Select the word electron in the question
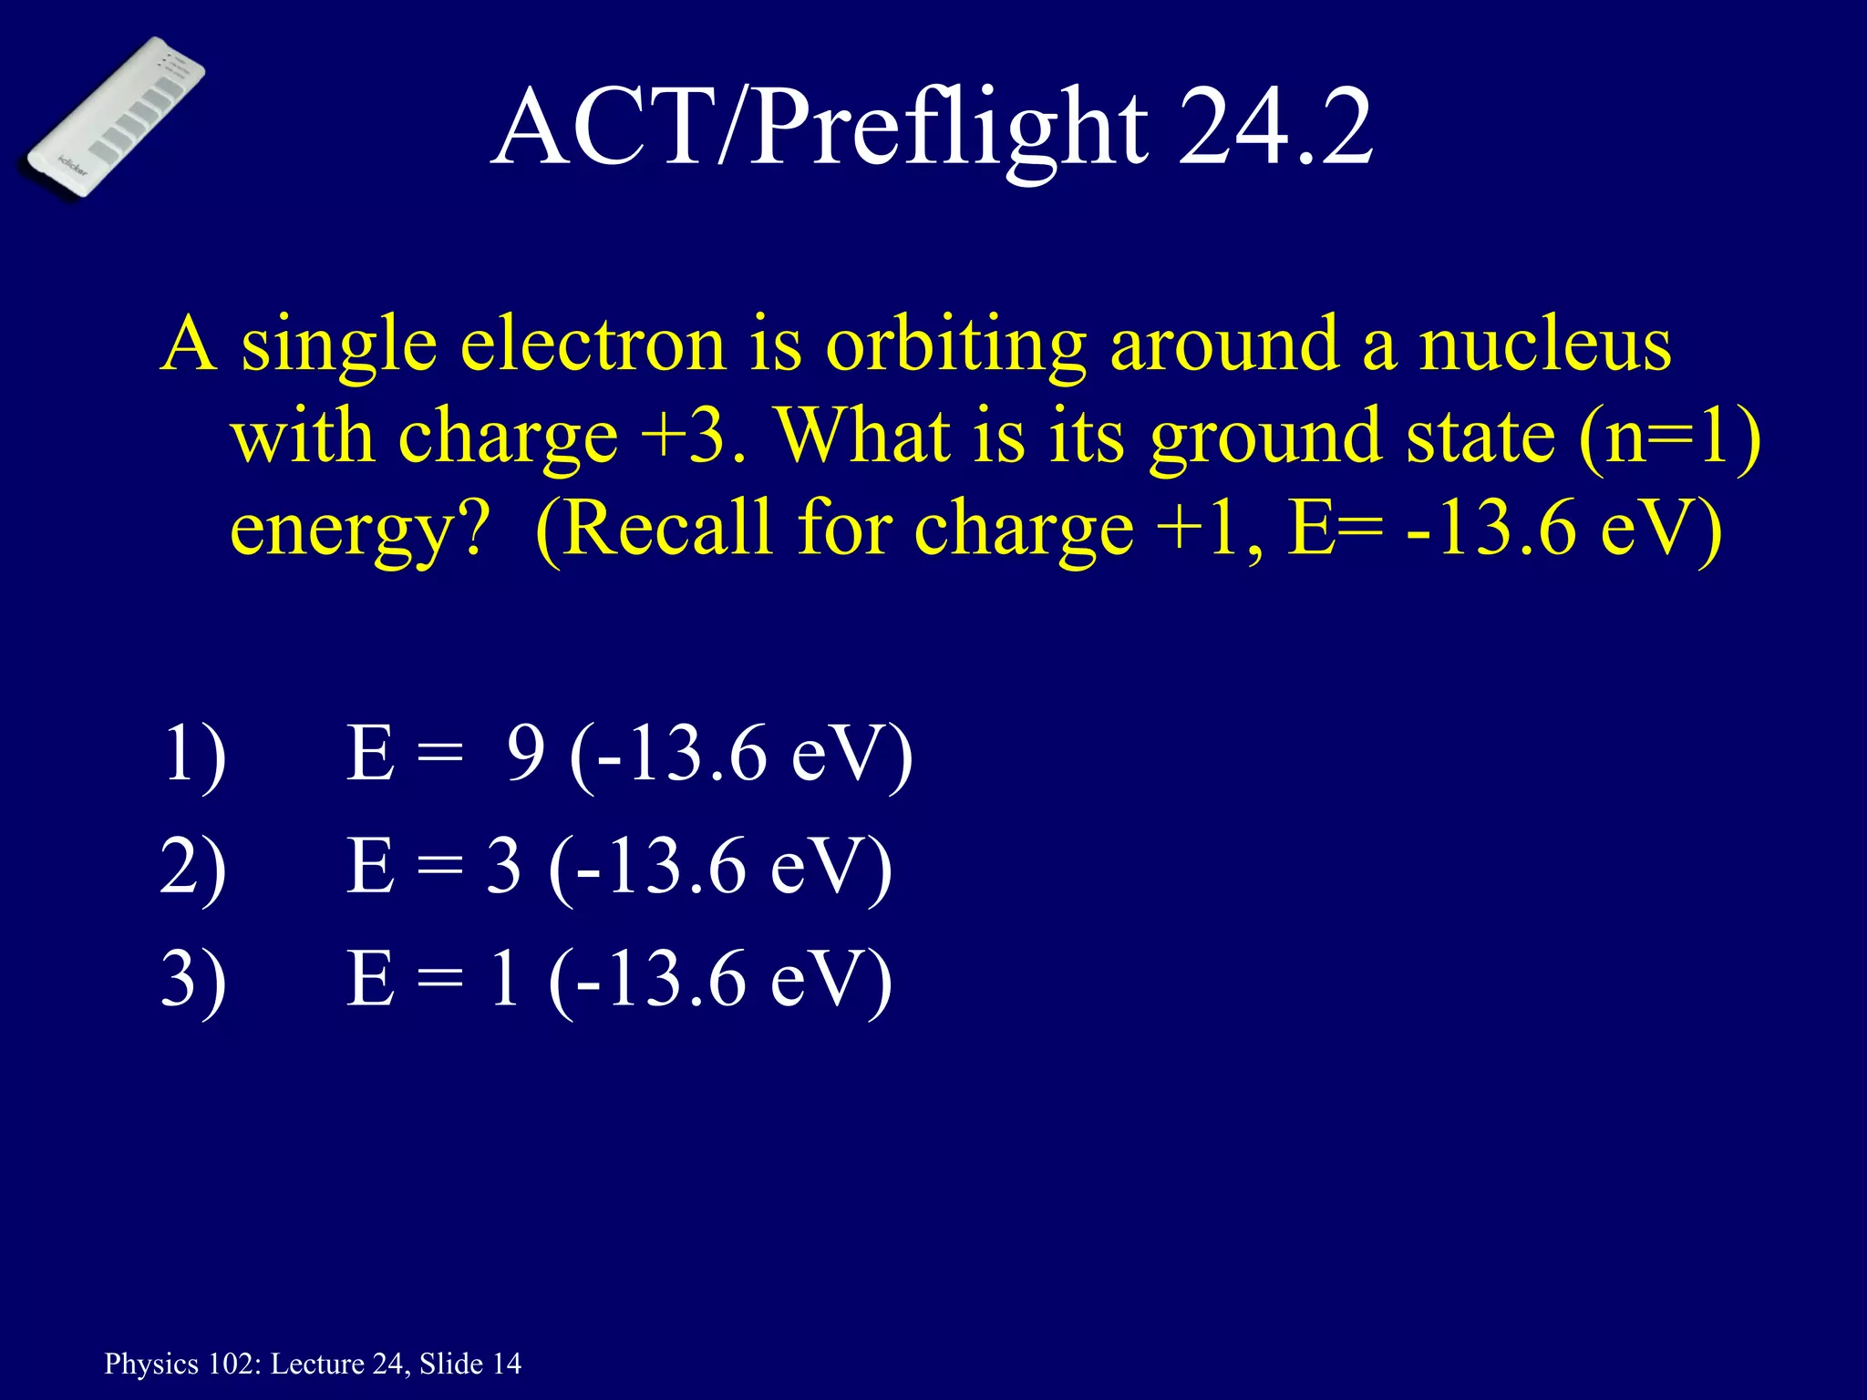pos(593,345)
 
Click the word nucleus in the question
pos(1544,345)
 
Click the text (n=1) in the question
pos(1669,436)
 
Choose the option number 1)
pos(193,755)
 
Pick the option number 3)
pos(193,979)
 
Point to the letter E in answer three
pos(370,979)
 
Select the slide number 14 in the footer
pos(507,1364)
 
